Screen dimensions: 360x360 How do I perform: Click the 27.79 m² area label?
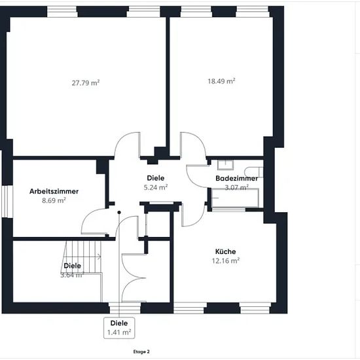(86, 82)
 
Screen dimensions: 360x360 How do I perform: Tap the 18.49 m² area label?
(221, 81)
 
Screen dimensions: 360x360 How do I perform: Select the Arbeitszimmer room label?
(54, 191)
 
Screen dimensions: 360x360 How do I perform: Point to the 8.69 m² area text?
(54, 200)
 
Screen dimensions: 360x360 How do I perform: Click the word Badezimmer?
(236, 179)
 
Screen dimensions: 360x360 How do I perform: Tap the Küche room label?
(225, 251)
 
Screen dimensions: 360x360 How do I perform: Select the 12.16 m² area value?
(226, 261)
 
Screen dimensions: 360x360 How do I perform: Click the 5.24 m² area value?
(156, 187)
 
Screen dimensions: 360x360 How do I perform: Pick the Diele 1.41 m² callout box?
(119, 328)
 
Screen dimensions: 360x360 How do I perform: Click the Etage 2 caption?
(141, 351)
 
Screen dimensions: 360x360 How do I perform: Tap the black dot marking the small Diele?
(119, 212)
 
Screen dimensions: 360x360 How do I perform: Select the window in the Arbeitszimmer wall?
(7, 202)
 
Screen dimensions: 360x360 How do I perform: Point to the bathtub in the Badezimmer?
(235, 198)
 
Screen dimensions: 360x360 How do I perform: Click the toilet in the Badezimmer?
(253, 172)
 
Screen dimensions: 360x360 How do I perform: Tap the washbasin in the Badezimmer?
(225, 164)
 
